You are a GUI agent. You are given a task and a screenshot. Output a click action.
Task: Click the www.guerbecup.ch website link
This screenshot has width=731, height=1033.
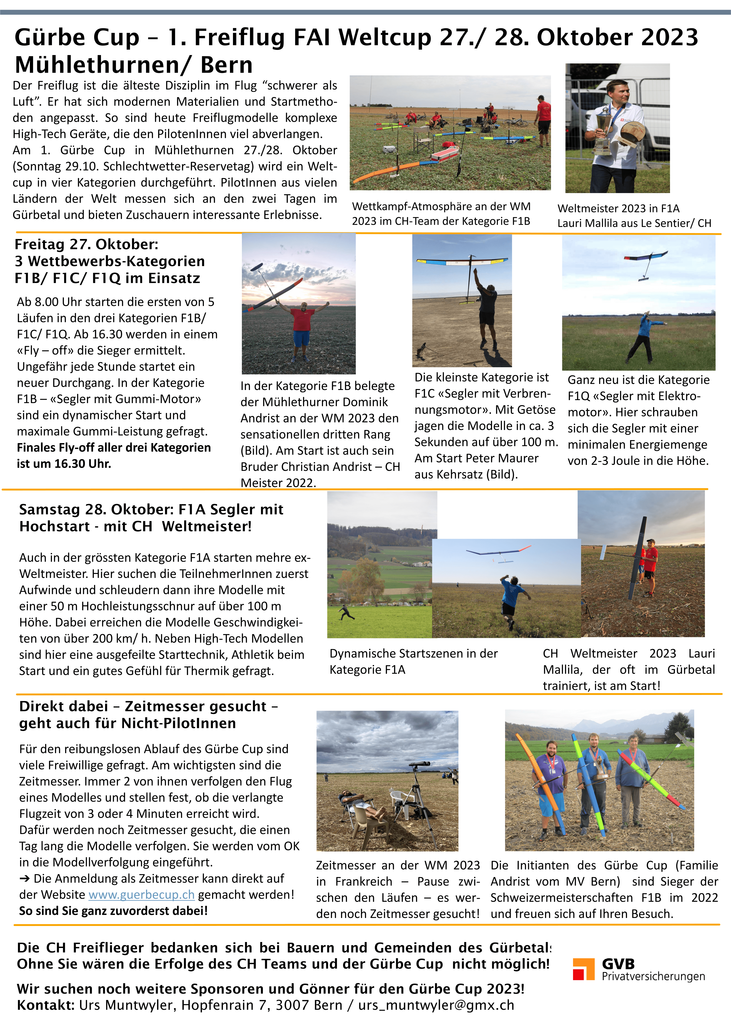(141, 894)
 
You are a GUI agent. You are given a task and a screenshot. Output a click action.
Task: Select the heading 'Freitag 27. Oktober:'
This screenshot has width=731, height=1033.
(86, 244)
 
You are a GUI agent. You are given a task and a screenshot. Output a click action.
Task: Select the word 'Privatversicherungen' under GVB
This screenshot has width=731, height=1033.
(653, 976)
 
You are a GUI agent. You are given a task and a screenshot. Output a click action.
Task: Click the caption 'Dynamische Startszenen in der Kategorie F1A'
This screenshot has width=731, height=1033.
(413, 661)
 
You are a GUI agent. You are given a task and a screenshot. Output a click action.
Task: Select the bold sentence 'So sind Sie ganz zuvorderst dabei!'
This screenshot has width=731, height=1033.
(113, 911)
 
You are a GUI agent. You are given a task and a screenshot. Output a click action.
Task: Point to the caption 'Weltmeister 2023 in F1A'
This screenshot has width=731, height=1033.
(618, 208)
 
